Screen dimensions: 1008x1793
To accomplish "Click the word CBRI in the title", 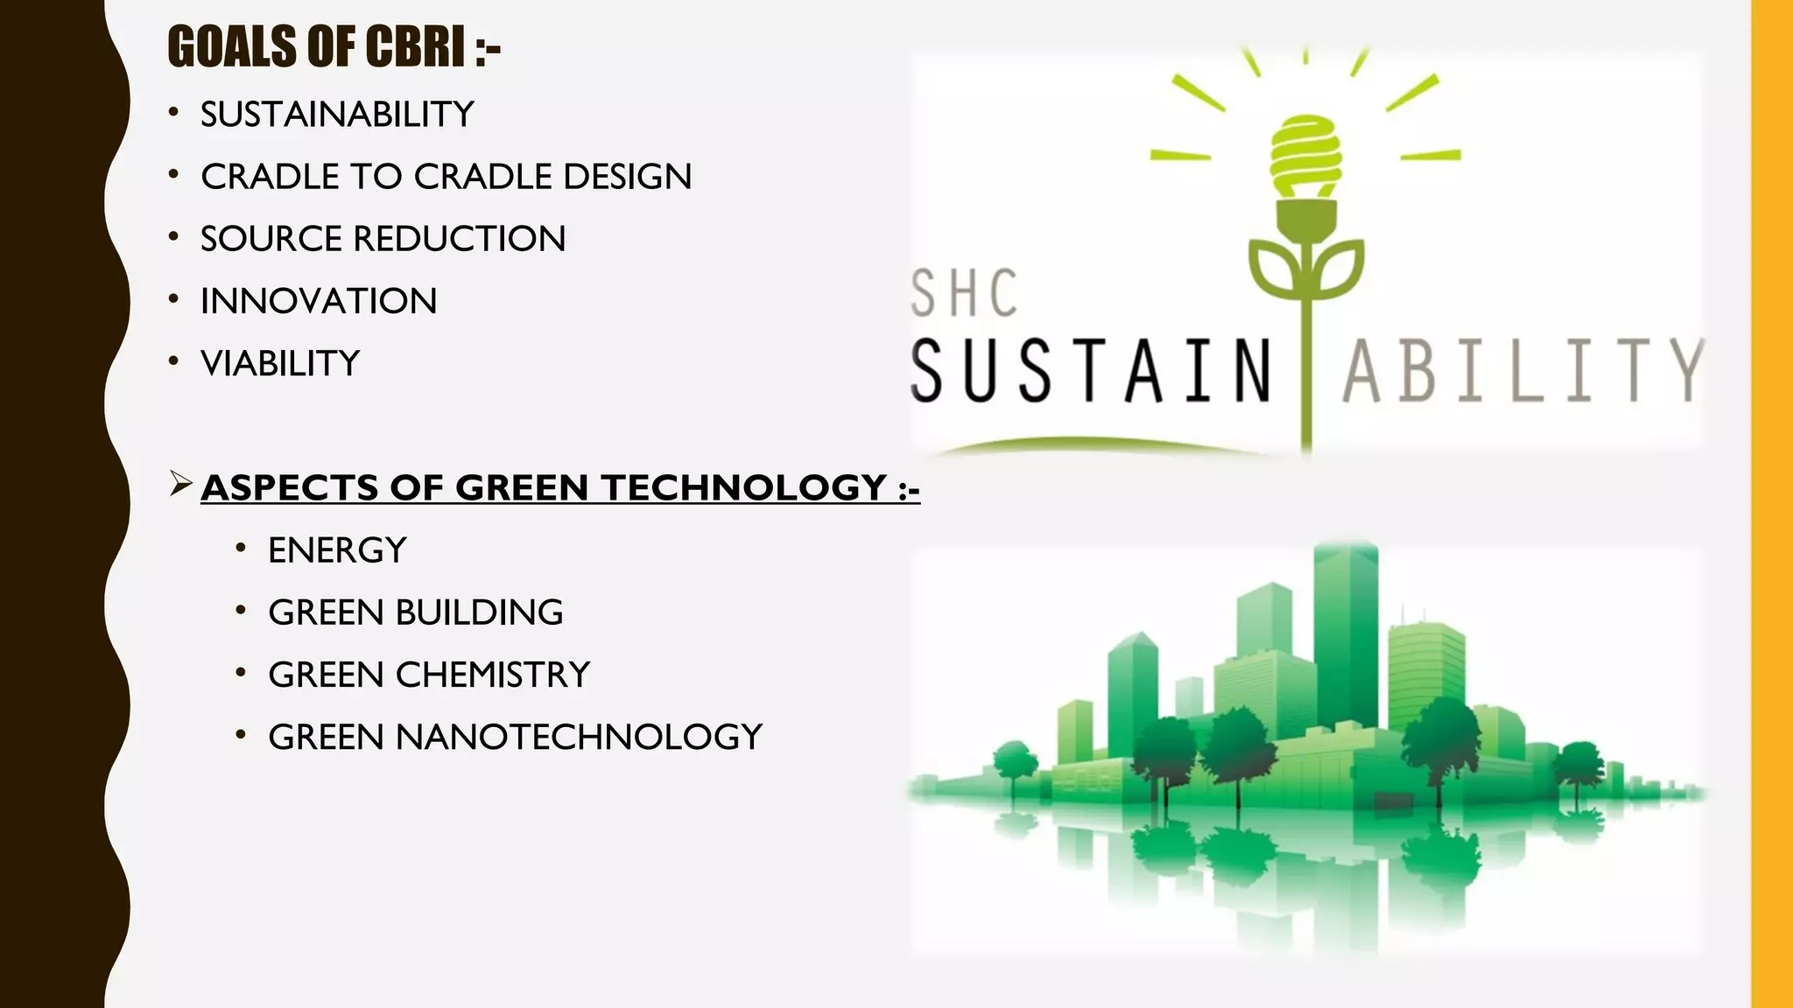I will (x=415, y=47).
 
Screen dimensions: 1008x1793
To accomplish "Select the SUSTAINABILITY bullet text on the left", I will (x=337, y=115).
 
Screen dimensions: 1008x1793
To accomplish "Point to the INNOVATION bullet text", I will (x=319, y=301).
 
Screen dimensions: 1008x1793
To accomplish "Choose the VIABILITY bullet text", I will (x=280, y=363).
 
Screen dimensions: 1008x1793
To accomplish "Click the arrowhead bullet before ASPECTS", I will (x=181, y=483).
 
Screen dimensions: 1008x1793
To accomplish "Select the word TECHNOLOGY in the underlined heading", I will (x=744, y=487).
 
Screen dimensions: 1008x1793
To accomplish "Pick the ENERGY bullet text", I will (x=337, y=550).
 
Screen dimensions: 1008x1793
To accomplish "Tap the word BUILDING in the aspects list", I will (x=479, y=612).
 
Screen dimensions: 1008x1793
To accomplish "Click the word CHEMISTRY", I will (x=493, y=675).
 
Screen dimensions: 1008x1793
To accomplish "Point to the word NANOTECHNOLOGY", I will (x=579, y=737).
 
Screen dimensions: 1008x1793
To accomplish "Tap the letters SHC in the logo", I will (x=964, y=293).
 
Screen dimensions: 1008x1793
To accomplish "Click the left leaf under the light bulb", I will (x=1275, y=267).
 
